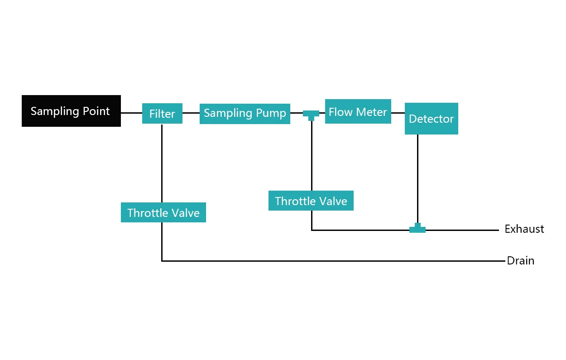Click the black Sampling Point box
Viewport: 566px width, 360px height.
71,111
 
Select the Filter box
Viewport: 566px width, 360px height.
162,114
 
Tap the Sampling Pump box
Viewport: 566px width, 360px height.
245,113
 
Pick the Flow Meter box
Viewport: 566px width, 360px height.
358,111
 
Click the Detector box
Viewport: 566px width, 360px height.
431,119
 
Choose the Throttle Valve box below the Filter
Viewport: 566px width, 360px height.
163,212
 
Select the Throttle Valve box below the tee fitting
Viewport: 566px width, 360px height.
311,201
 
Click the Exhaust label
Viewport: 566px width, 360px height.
524,229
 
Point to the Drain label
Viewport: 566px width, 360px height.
520,261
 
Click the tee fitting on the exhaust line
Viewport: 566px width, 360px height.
417,229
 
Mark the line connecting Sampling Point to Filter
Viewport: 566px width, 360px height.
131,113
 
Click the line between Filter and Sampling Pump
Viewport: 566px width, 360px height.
191,113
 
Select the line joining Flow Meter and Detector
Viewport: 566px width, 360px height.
398,113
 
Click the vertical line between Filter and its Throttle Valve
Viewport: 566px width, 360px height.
162,163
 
